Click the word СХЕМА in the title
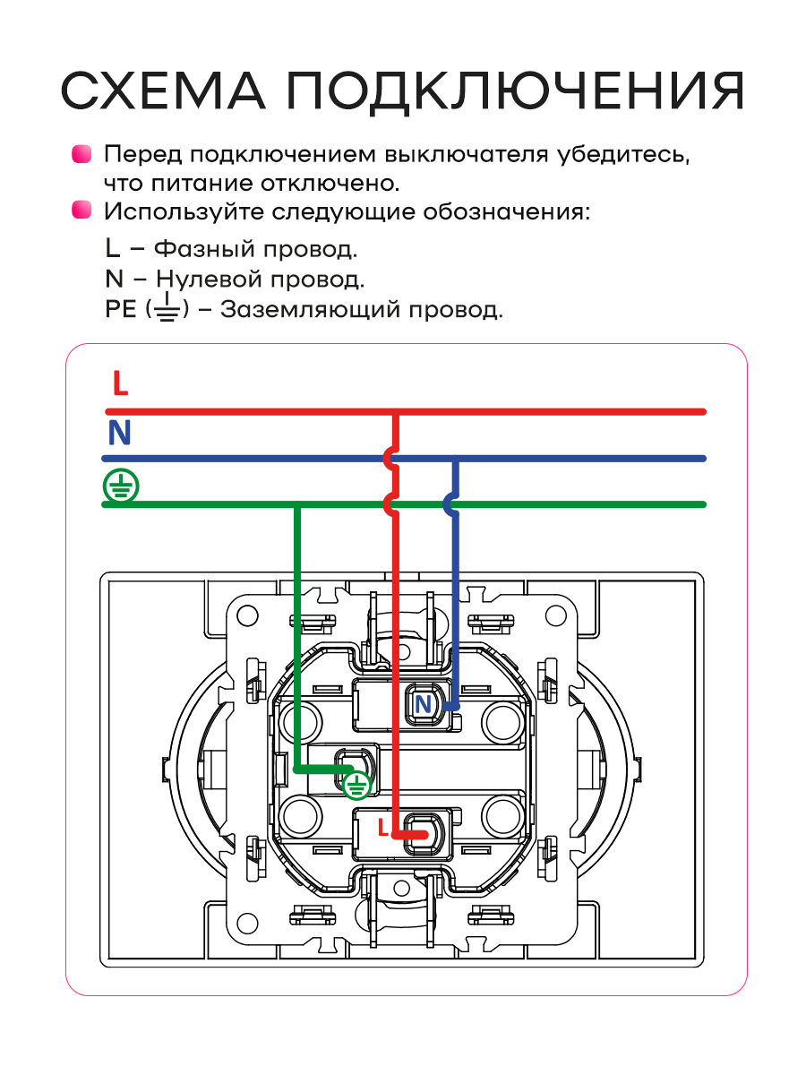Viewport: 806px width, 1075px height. click(x=164, y=90)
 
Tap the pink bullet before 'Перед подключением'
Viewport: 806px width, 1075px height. click(x=81, y=154)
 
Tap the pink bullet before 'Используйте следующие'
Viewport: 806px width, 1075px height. click(x=81, y=210)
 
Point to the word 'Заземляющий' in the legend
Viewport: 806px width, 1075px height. click(x=310, y=310)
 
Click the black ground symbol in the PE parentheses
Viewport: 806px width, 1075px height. click(x=167, y=307)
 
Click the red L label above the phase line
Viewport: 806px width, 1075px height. click(x=120, y=383)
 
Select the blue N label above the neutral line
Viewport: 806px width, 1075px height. click(x=119, y=432)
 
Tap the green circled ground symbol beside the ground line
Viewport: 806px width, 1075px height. click(x=121, y=486)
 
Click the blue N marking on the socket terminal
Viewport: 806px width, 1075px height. click(x=423, y=704)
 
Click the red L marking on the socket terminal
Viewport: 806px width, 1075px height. click(x=383, y=828)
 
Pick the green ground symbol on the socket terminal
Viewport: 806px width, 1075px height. click(x=356, y=786)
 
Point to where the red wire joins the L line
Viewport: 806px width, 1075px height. click(x=396, y=412)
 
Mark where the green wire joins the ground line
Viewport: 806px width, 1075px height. click(x=297, y=504)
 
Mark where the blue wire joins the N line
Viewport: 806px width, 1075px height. click(x=456, y=459)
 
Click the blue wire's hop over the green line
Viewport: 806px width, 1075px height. click(x=450, y=504)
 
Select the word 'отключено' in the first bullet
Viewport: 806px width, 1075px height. click(x=330, y=184)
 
